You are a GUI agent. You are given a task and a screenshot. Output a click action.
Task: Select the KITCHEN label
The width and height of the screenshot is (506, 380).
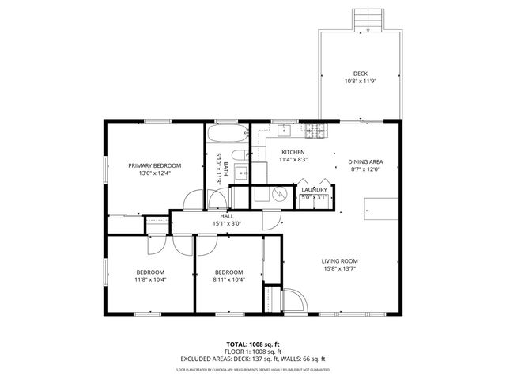(x=293, y=152)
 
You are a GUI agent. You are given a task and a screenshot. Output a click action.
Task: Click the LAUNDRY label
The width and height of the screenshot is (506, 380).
(x=313, y=190)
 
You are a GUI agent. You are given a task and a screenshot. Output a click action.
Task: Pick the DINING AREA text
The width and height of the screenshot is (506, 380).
(x=365, y=161)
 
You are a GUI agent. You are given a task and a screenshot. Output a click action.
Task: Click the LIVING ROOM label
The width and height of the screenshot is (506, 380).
(x=339, y=261)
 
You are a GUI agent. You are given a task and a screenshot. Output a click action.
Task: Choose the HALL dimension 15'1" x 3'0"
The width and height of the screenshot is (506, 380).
(x=226, y=224)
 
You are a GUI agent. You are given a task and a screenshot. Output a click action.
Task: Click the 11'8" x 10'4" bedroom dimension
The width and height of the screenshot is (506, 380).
(x=149, y=279)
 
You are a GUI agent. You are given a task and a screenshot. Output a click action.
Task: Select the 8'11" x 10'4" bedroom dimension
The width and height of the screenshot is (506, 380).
(x=228, y=279)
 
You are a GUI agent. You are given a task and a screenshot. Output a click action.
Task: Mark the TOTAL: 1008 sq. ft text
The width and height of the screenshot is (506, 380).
(x=253, y=344)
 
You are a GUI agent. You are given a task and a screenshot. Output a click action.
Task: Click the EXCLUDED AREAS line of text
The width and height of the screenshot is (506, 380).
(x=253, y=359)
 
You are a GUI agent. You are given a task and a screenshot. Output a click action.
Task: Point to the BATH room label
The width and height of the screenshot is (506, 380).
(x=225, y=169)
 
